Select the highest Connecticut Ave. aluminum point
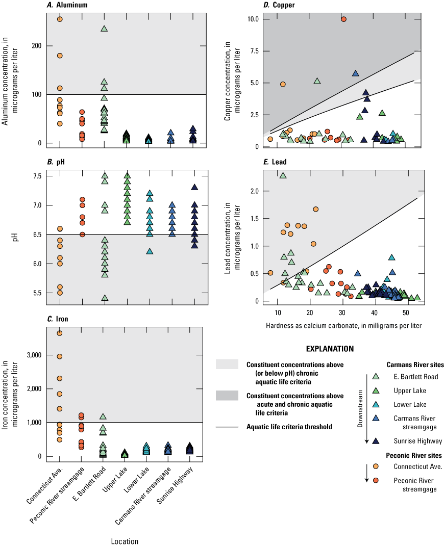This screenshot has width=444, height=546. pos(60,19)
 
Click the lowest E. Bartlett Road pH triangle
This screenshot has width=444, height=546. pos(104,298)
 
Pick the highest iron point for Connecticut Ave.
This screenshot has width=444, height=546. pos(60,333)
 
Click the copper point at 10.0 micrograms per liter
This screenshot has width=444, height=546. pos(343,19)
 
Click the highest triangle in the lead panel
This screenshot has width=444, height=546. pos(283,175)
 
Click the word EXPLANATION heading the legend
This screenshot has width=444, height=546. pos(330,349)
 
